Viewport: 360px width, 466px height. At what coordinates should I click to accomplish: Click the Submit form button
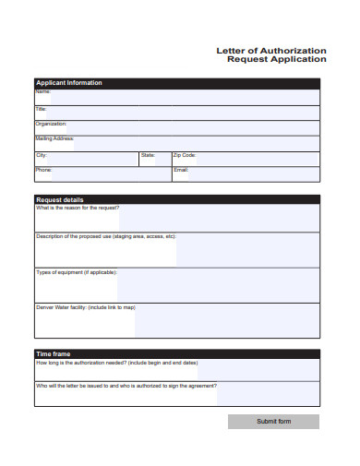(273, 422)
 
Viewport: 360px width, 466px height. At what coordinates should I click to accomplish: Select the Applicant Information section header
(69, 83)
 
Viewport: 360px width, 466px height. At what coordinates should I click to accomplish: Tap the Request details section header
(59, 199)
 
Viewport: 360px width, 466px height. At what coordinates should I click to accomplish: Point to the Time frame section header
(53, 354)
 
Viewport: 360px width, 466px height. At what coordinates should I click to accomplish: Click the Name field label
(42, 91)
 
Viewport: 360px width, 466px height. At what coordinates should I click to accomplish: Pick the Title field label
(41, 109)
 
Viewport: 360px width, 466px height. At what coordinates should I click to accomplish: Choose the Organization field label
(51, 124)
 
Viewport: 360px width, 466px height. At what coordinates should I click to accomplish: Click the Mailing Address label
(54, 138)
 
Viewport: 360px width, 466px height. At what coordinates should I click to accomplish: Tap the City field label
(41, 155)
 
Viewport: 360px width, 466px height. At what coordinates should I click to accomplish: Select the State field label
(148, 155)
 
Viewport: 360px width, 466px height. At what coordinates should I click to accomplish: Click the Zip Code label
(185, 155)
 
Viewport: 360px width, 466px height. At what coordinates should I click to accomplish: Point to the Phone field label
(43, 170)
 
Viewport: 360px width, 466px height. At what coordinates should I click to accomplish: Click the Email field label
(181, 170)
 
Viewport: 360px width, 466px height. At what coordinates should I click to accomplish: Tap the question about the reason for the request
(78, 209)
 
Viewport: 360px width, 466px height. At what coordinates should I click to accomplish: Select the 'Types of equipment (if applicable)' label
(76, 273)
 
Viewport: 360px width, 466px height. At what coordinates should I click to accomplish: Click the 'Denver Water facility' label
(85, 307)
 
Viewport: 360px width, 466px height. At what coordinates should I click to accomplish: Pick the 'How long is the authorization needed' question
(116, 364)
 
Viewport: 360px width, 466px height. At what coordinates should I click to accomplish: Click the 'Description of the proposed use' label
(105, 237)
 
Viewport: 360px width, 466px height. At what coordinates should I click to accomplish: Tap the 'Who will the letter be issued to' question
(126, 387)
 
